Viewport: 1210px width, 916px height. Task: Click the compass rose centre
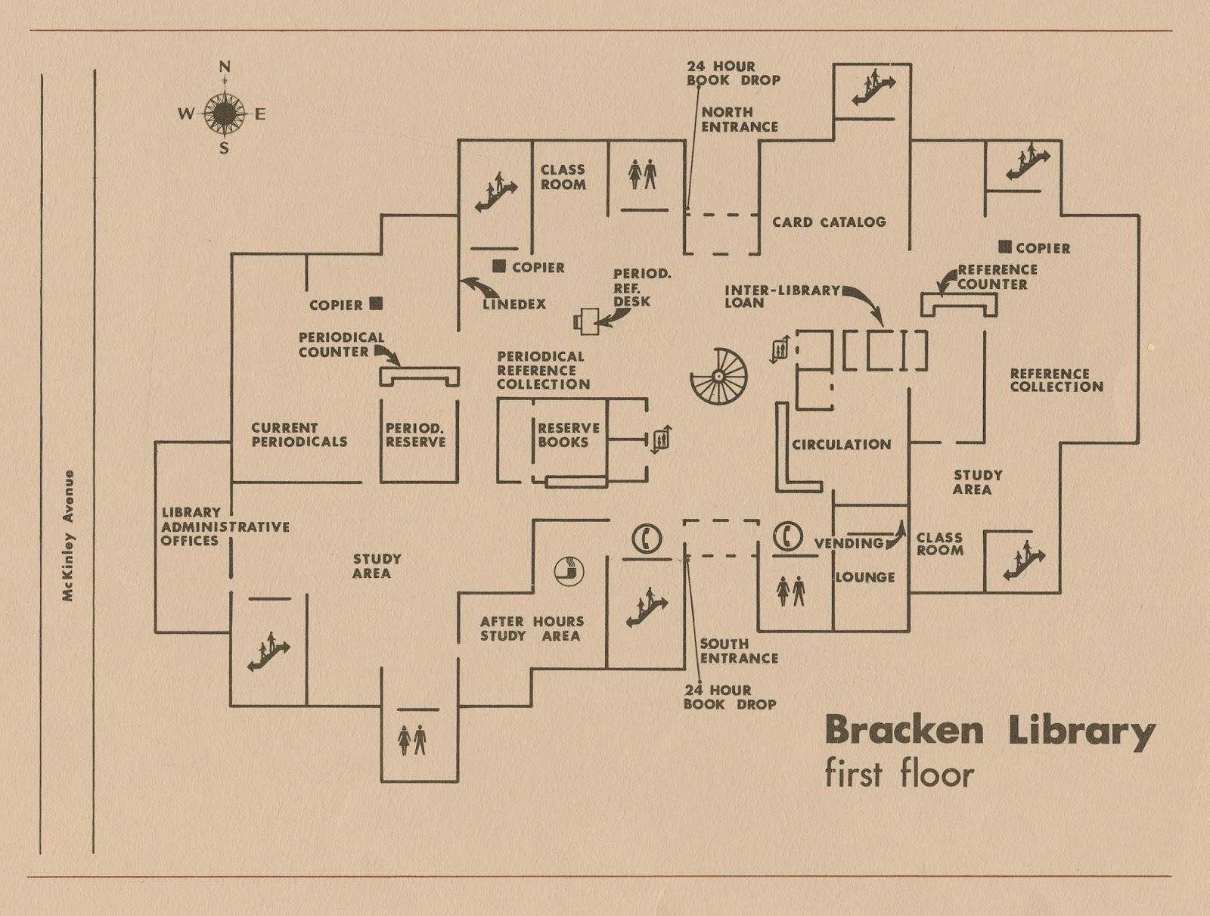click(x=225, y=113)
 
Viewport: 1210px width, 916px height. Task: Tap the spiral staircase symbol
click(x=718, y=376)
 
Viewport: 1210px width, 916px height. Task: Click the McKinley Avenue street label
click(x=69, y=536)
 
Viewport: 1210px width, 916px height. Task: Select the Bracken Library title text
click(x=989, y=731)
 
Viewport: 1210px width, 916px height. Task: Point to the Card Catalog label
click(x=829, y=222)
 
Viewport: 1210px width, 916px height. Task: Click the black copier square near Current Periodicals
click(x=376, y=304)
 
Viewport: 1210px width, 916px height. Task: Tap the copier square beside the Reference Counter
click(x=1005, y=247)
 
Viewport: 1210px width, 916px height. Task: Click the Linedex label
click(x=514, y=305)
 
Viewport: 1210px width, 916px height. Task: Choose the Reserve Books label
click(x=568, y=435)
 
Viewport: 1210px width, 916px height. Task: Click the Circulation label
click(x=841, y=445)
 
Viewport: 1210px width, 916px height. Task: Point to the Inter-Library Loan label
click(x=782, y=297)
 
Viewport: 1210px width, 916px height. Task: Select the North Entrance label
click(x=739, y=120)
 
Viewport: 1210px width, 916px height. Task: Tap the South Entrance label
click(x=738, y=651)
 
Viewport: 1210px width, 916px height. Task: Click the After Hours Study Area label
click(x=532, y=629)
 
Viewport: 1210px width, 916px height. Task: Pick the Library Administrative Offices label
click(x=225, y=526)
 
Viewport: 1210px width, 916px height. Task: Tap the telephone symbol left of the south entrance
click(x=647, y=539)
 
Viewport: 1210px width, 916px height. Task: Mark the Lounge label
click(x=865, y=577)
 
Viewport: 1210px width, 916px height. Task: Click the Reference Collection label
click(x=1056, y=380)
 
